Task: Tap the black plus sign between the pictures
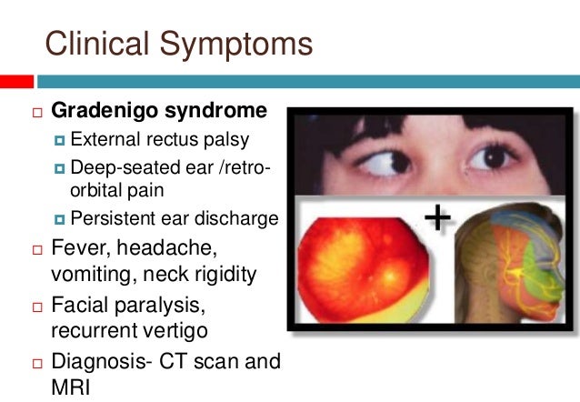click(x=438, y=216)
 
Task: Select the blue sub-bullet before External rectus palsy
click(x=60, y=141)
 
